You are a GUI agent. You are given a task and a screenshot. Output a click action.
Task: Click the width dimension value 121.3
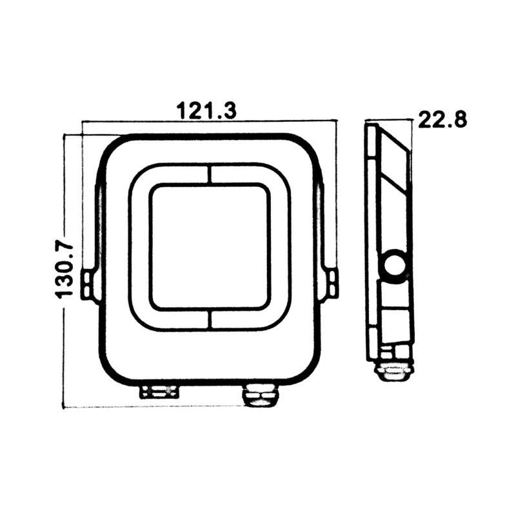pyautogui.click(x=207, y=110)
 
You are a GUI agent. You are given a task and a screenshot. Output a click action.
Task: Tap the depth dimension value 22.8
pyautogui.click(x=442, y=119)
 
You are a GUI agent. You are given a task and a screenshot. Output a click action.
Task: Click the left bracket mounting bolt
pyautogui.click(x=88, y=284)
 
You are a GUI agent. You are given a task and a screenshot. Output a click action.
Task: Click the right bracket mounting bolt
pyautogui.click(x=331, y=284)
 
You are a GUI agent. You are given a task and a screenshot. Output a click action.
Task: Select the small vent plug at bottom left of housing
pyautogui.click(x=159, y=391)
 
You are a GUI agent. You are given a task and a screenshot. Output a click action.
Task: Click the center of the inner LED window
pyautogui.click(x=209, y=247)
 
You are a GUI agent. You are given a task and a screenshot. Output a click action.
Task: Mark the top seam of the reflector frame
pyautogui.click(x=209, y=174)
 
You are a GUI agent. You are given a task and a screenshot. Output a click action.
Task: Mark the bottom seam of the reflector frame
pyautogui.click(x=209, y=321)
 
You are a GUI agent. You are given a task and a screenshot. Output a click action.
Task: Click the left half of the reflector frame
pyautogui.click(x=139, y=247)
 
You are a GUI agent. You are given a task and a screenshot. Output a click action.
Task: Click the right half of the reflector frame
pyautogui.click(x=280, y=247)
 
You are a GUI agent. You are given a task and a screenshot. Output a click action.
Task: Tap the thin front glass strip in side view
pyautogui.click(x=371, y=245)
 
